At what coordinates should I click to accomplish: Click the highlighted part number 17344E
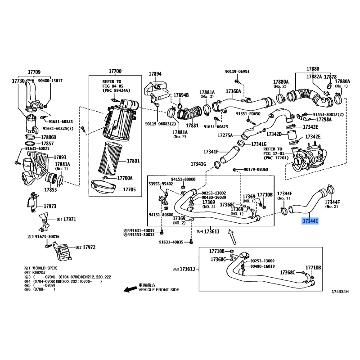point(310,221)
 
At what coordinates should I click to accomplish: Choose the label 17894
point(155,74)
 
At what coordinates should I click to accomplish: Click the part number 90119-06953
point(237,72)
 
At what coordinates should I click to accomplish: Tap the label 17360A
point(234,91)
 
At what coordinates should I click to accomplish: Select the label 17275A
point(225,135)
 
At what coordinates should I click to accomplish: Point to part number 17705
point(129,189)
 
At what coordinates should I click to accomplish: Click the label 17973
point(49,206)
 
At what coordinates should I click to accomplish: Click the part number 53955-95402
point(161,184)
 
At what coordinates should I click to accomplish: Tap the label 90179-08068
point(256,169)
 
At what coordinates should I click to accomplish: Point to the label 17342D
point(274,134)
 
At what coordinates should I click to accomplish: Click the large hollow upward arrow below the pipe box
point(231,235)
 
